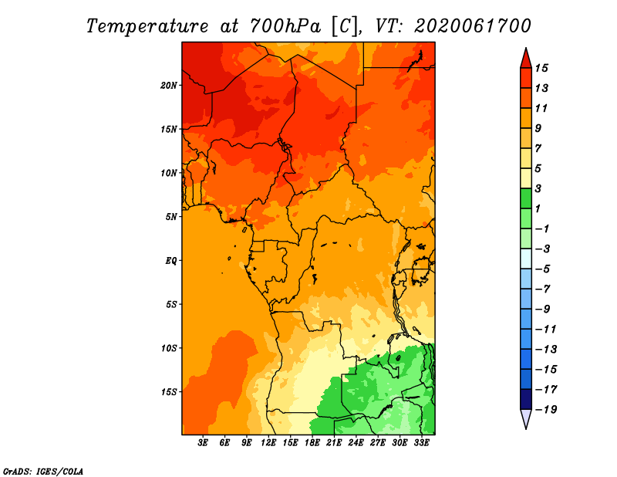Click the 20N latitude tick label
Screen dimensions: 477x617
pos(170,85)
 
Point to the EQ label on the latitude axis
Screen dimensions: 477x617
pos(172,260)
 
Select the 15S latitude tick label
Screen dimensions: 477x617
pos(170,391)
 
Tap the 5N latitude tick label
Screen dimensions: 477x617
pos(172,216)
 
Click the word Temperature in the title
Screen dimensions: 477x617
pos(145,26)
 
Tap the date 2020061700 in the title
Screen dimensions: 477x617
pos(473,26)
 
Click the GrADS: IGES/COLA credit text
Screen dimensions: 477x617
pos(42,470)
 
